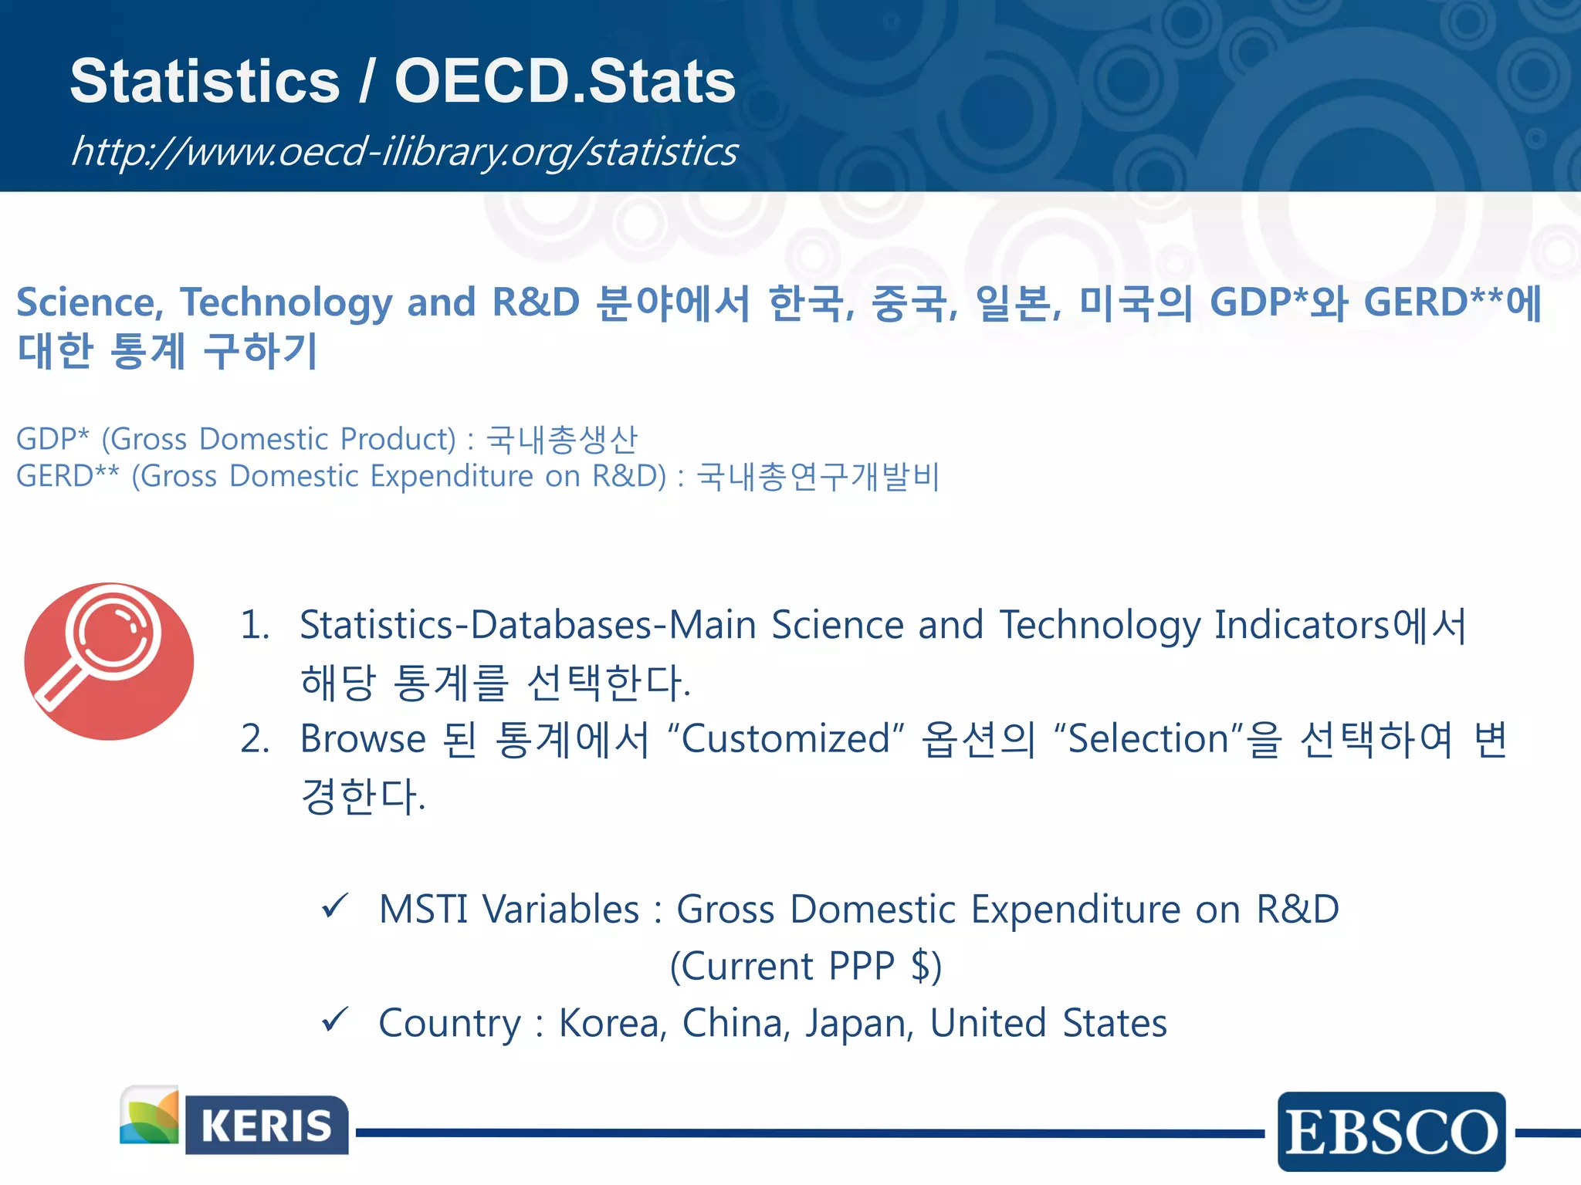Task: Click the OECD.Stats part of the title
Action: point(564,82)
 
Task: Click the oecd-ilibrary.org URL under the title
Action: point(404,151)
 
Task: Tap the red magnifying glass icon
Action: point(109,661)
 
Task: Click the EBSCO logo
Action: point(1391,1132)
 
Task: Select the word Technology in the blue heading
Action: point(286,303)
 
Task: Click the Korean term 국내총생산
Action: point(562,440)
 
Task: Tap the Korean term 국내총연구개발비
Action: point(818,477)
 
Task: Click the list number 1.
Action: point(254,625)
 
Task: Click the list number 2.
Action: point(254,739)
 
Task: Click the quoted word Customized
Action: point(785,739)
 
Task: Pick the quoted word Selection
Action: point(1149,739)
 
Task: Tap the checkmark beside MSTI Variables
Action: point(336,906)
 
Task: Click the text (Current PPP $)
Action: point(805,966)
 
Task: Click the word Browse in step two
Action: point(363,739)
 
